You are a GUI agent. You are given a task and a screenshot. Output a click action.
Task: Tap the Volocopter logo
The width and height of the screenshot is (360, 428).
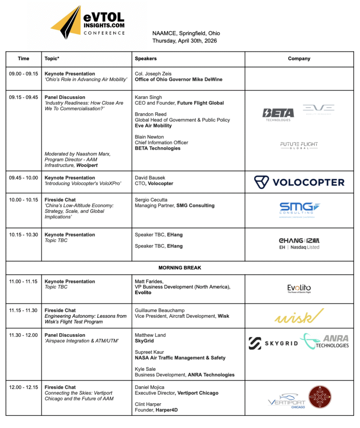pyautogui.click(x=299, y=182)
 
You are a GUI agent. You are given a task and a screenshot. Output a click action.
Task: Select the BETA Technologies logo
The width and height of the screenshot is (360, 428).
pyautogui.click(x=278, y=114)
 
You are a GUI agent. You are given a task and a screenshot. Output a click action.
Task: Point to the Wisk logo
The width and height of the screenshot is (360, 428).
pyautogui.click(x=299, y=316)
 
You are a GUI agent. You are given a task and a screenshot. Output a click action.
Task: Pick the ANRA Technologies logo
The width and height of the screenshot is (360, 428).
pyautogui.click(x=324, y=341)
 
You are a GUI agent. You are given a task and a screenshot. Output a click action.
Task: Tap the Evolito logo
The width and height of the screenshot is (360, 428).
pyautogui.click(x=299, y=288)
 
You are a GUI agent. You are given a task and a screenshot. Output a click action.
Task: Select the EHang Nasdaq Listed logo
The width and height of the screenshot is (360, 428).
pyautogui.click(x=299, y=244)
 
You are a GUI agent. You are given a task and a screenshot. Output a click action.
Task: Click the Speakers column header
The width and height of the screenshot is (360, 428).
pyautogui.click(x=146, y=59)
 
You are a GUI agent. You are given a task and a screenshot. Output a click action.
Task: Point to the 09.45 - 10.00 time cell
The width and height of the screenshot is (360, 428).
pyautogui.click(x=23, y=178)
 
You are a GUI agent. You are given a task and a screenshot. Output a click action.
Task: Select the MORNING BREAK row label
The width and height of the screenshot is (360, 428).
pyautogui.click(x=180, y=267)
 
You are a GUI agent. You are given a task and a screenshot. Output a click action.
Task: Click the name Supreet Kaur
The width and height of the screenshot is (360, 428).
pyautogui.click(x=148, y=352)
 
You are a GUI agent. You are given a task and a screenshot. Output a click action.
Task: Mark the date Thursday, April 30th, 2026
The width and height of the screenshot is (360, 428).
pyautogui.click(x=184, y=41)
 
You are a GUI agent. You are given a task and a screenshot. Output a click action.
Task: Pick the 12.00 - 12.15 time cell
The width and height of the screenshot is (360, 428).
pyautogui.click(x=23, y=387)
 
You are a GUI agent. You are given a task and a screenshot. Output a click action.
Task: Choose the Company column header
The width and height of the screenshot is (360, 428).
pyautogui.click(x=299, y=59)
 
